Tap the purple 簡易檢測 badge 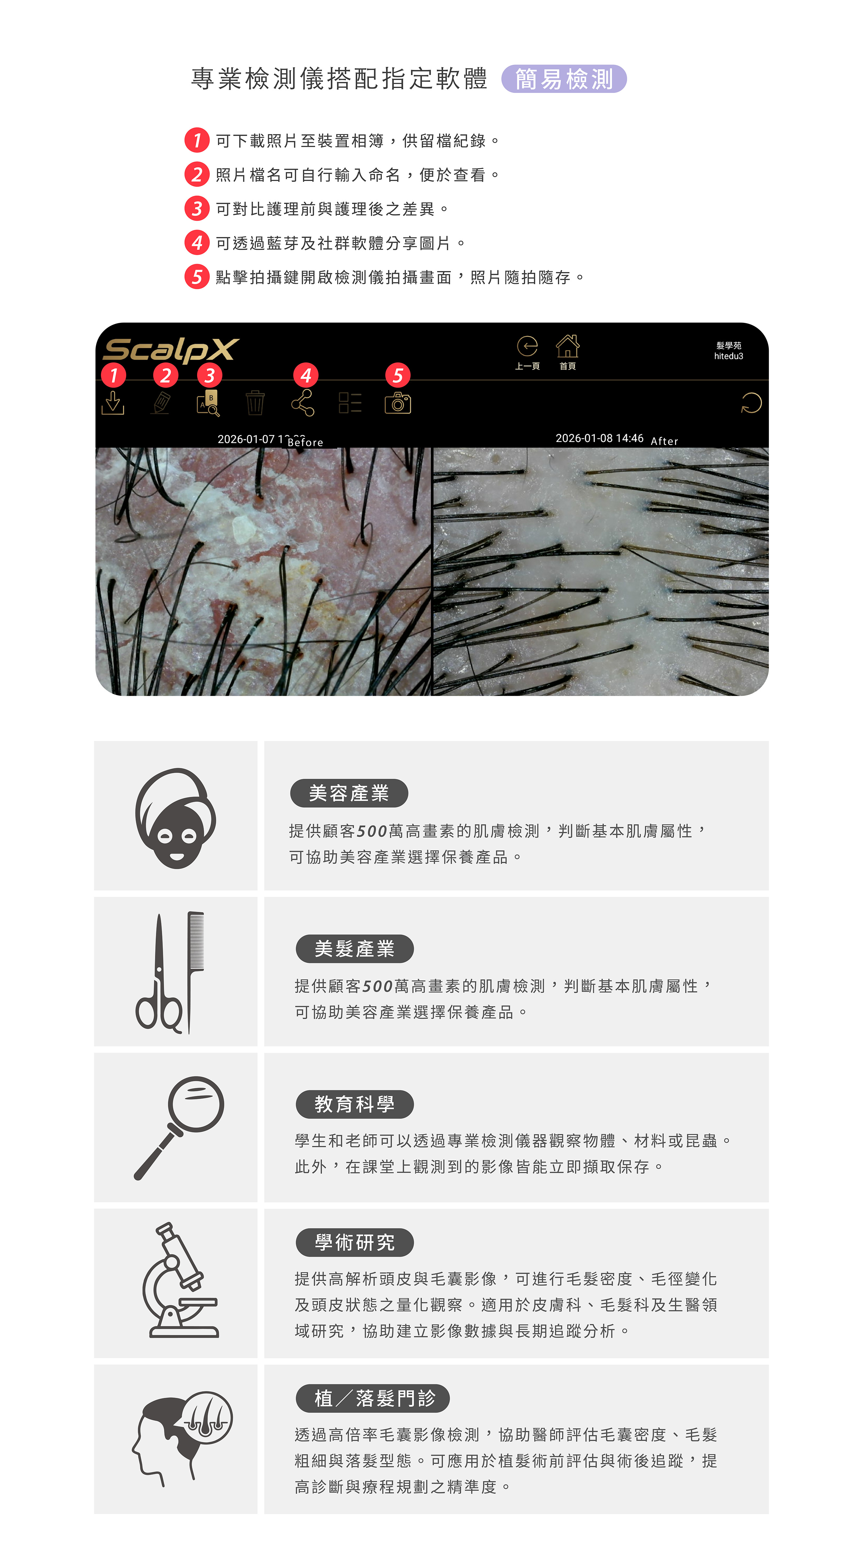(564, 79)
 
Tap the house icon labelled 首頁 (568, 346)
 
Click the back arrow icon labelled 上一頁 (527, 346)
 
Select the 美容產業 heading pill (349, 793)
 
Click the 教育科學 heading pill (354, 1104)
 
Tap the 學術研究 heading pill (354, 1242)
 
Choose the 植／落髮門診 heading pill (373, 1398)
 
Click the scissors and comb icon (171, 973)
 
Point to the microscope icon (180, 1280)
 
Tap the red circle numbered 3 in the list (197, 208)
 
